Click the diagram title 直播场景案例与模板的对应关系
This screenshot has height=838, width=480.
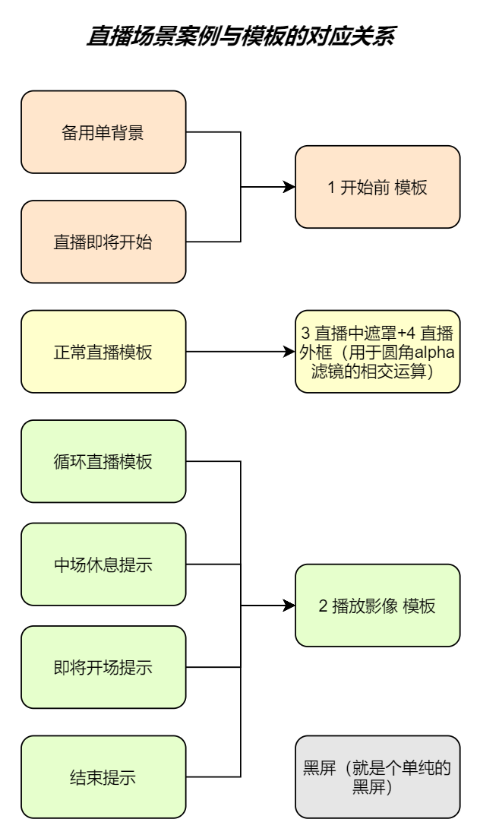tap(240, 35)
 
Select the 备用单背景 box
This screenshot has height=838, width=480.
tap(103, 132)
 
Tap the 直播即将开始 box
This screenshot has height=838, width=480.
tap(103, 242)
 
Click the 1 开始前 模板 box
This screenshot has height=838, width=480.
tap(377, 187)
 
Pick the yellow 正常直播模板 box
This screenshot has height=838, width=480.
tap(103, 352)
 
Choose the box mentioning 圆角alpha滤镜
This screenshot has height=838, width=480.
tap(377, 352)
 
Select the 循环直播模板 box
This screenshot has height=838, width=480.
tap(103, 461)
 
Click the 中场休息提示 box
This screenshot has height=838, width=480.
tap(103, 564)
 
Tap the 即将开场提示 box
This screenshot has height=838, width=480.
tap(103, 667)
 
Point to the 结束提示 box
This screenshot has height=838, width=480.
tap(103, 776)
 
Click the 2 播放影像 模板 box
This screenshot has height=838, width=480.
tap(377, 606)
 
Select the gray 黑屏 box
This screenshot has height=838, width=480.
tap(377, 776)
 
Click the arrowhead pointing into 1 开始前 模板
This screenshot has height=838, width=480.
tap(289, 187)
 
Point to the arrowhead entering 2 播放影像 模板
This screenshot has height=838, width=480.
tap(289, 606)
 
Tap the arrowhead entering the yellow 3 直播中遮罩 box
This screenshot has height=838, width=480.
tap(289, 352)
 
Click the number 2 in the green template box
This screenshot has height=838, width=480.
tap(323, 606)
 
